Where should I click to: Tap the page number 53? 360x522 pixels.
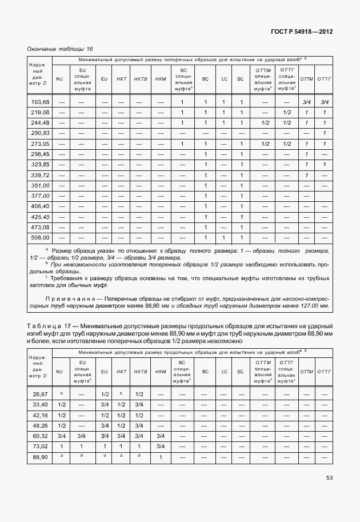(329, 478)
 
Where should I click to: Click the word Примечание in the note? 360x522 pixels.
(70, 298)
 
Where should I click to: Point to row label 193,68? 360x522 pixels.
(40, 102)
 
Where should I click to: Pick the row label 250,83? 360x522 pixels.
(40, 133)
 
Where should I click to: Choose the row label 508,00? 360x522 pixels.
(40, 237)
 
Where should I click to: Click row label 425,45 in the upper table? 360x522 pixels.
(40, 217)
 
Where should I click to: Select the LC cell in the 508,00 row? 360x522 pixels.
(225, 237)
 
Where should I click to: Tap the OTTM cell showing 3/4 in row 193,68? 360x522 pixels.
(306, 102)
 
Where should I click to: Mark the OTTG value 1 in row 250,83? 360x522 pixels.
(324, 133)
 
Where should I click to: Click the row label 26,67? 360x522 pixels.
(40, 395)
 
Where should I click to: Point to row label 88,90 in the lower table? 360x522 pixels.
(40, 457)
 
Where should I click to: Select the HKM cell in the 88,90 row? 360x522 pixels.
(160, 457)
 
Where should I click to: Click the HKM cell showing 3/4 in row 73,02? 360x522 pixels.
(160, 447)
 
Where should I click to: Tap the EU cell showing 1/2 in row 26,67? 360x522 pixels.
(105, 395)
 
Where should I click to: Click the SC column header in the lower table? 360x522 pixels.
(241, 372)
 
